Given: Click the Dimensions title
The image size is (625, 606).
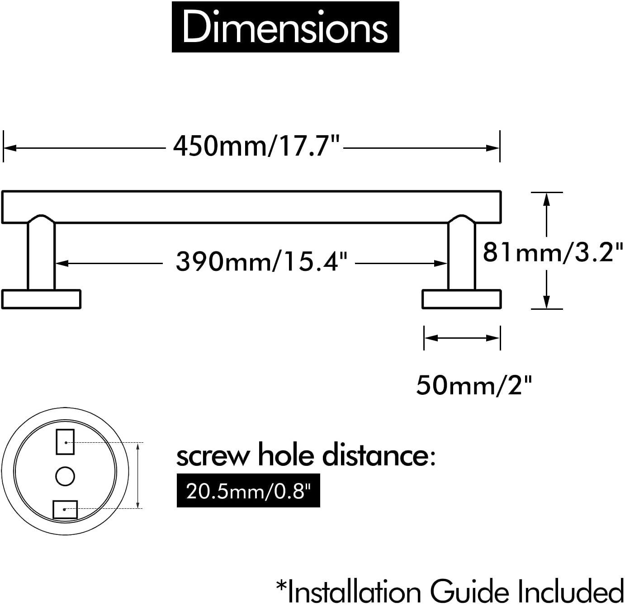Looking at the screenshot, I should coord(285,28).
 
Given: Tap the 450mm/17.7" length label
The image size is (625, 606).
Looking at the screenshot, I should coord(256,146).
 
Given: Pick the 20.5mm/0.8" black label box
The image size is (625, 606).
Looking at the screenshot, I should coord(248,491).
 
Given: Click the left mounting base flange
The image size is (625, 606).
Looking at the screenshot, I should coord(41,299).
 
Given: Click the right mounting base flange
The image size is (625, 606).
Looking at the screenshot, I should coord(462,299).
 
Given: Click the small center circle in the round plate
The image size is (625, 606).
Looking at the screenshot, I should coord(65,476).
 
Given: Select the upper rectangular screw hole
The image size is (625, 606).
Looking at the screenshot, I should coord(65,442).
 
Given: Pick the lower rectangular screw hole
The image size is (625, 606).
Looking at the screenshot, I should coord(65,509).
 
